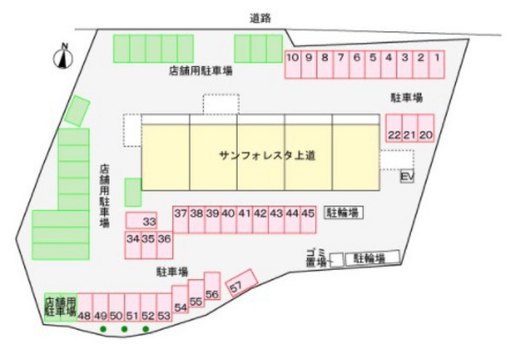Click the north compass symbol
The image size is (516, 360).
tap(64, 57)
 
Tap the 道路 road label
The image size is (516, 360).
tap(261, 17)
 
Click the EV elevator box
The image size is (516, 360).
tap(407, 176)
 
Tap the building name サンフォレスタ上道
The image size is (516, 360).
tap(268, 156)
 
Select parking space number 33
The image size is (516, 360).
tap(147, 221)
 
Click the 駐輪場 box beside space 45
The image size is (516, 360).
tap(343, 213)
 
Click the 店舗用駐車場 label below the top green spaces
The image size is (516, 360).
tap(200, 70)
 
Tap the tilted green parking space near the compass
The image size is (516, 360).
tap(76, 110)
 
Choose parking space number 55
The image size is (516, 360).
tap(195, 298)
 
